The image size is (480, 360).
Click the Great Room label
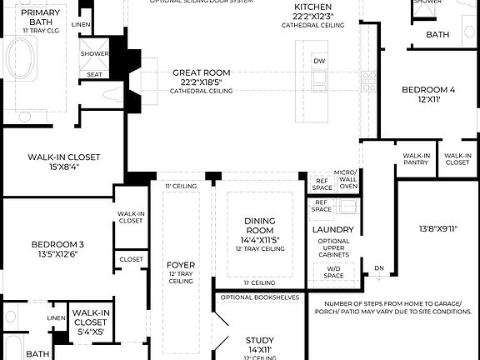tap(202, 72)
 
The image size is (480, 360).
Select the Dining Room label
tap(260, 225)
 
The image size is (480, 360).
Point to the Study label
tap(259, 340)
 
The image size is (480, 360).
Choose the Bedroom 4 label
tap(428, 89)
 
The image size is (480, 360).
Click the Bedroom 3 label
tap(57, 244)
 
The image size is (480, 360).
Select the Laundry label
tap(333, 229)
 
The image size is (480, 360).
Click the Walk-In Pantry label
tap(416, 159)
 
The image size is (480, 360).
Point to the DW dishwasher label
tap(319, 61)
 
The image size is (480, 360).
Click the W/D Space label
tap(333, 272)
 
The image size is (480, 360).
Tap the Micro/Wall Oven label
tap(345, 179)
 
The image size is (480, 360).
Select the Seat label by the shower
tap(94, 74)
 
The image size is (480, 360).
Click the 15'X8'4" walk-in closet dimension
tap(64, 167)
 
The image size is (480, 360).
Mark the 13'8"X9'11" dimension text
tap(438, 226)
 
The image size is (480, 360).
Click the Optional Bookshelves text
tap(258, 297)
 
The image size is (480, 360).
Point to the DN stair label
tap(378, 267)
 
